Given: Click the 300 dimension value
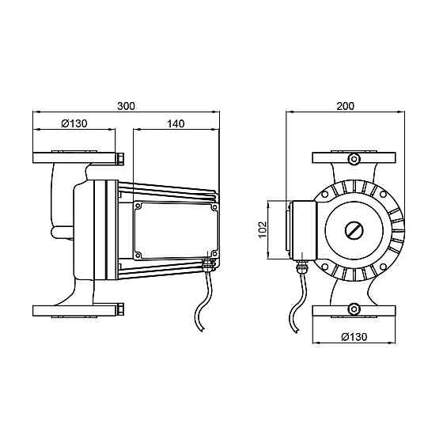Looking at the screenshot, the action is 127,106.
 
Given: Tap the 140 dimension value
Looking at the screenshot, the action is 176,123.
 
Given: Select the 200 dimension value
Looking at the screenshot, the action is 345,106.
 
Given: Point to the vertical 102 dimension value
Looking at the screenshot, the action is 263,229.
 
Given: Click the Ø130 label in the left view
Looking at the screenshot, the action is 74,123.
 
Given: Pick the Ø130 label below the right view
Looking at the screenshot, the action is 354,337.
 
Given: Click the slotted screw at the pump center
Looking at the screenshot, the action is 354,230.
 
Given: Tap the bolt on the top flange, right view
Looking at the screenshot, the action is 354,158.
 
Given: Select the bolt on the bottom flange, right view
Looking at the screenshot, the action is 354,309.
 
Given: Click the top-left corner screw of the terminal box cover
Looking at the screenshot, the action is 138,206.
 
